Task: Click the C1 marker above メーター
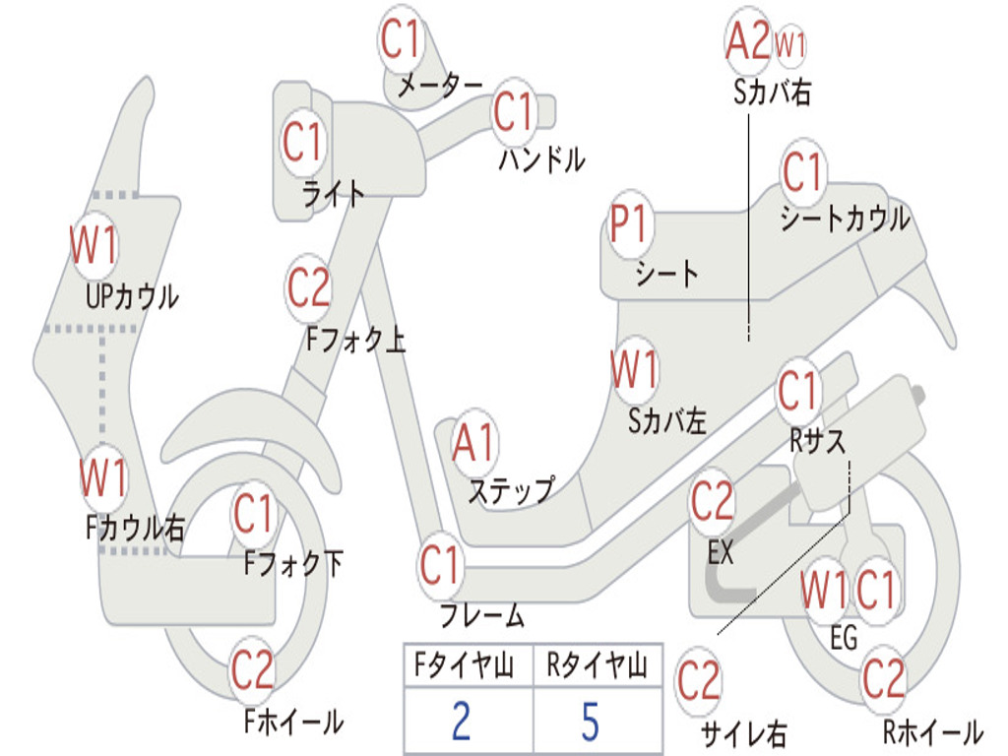click(x=400, y=38)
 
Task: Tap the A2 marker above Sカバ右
click(x=748, y=39)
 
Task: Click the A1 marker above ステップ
click(x=474, y=443)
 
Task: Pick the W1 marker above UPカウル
click(x=94, y=245)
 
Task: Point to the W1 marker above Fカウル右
click(x=102, y=477)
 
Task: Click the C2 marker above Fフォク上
click(x=308, y=287)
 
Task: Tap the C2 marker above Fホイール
click(x=253, y=669)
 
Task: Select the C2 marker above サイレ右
click(x=699, y=681)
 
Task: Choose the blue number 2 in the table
click(x=462, y=721)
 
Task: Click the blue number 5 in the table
click(x=591, y=721)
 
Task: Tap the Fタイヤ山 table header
click(x=465, y=665)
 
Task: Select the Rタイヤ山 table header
click(x=597, y=665)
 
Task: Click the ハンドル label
click(x=542, y=158)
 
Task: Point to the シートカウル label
click(x=846, y=219)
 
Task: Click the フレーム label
click(x=482, y=614)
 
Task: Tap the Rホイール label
click(x=933, y=731)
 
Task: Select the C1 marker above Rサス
click(x=797, y=390)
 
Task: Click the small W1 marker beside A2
click(x=789, y=45)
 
